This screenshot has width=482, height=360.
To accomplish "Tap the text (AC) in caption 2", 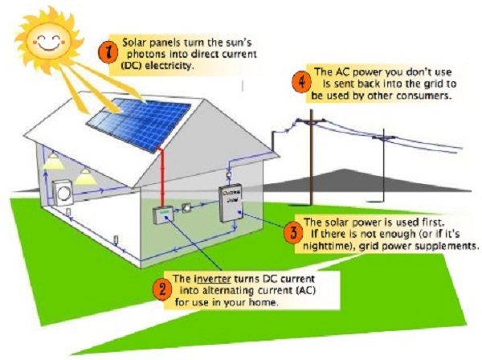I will point(276,291).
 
